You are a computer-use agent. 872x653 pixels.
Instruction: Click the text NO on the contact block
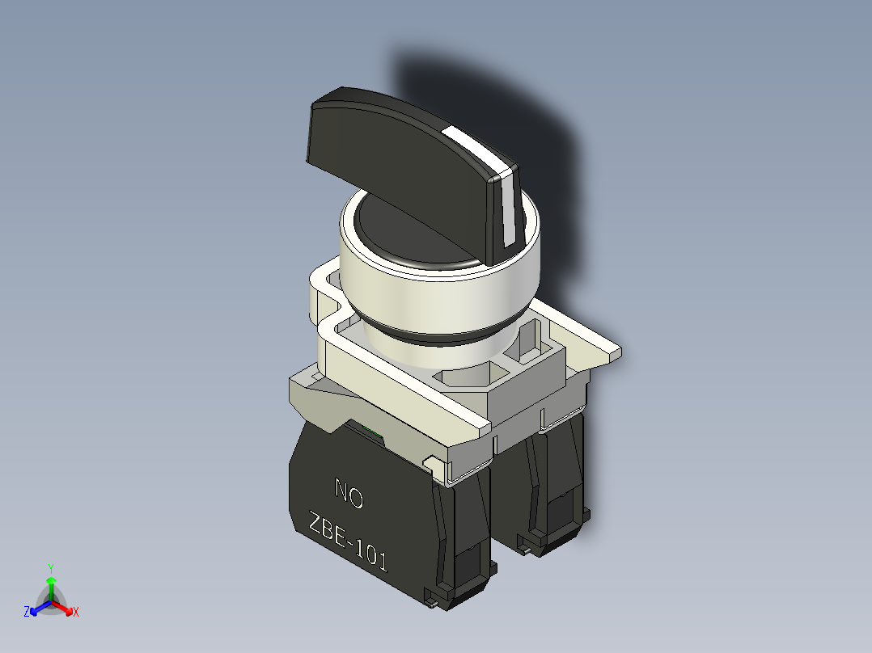click(x=349, y=495)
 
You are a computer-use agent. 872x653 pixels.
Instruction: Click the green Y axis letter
click(x=50, y=568)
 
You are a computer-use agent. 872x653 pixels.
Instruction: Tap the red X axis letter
click(x=76, y=613)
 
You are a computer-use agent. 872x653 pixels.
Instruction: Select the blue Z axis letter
click(x=27, y=612)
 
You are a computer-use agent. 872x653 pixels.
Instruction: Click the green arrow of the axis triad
click(x=50, y=585)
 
